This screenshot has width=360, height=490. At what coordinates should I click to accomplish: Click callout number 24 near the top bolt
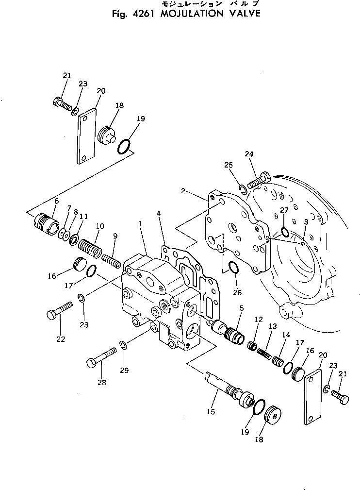[249, 154]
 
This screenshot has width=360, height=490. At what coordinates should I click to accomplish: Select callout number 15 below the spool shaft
[211, 412]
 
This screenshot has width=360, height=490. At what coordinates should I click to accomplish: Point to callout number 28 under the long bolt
[101, 382]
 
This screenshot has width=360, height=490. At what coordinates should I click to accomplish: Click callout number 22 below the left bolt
[61, 339]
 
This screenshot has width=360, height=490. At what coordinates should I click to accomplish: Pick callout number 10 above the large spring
[100, 226]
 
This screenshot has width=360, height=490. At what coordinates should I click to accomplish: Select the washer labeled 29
[124, 345]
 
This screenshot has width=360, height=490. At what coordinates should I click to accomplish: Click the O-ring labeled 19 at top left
[124, 146]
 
